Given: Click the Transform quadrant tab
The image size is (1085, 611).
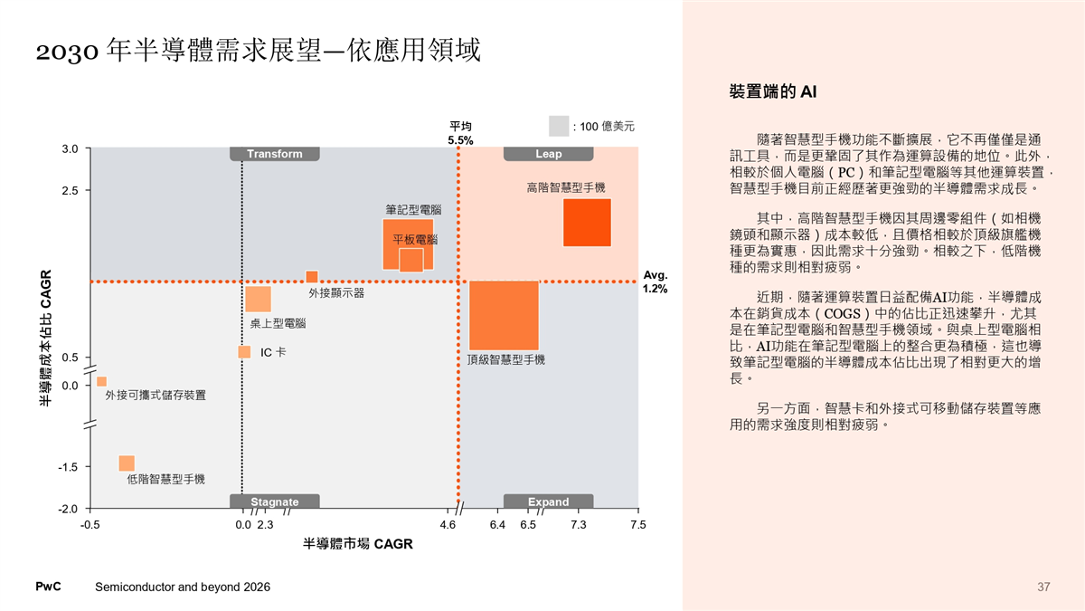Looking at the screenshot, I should pyautogui.click(x=275, y=154).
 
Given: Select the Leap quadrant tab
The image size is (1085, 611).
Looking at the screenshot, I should pyautogui.click(x=548, y=154).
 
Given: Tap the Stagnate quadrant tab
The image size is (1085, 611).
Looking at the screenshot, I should pyautogui.click(x=274, y=501).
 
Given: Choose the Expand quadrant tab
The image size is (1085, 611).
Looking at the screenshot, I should pyautogui.click(x=548, y=501).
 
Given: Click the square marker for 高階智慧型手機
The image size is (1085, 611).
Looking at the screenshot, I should pyautogui.click(x=587, y=222).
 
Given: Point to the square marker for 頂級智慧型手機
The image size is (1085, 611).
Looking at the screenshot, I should pyautogui.click(x=504, y=315).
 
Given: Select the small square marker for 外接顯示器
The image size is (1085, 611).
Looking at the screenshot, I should pyautogui.click(x=312, y=276).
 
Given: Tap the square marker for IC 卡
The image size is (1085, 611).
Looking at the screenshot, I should pyautogui.click(x=244, y=351).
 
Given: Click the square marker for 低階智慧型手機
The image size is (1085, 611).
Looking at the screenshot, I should pyautogui.click(x=127, y=463).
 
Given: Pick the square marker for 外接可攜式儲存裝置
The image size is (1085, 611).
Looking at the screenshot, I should pyautogui.click(x=102, y=381).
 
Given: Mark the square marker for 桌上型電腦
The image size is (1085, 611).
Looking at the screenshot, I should pyautogui.click(x=259, y=299).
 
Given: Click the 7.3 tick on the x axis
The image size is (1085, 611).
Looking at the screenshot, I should pyautogui.click(x=579, y=524).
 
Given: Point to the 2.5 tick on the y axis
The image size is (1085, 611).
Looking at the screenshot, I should pyautogui.click(x=69, y=190).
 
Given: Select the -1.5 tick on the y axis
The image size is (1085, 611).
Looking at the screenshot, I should pyautogui.click(x=67, y=467).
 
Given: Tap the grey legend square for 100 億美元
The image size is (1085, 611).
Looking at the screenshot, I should pyautogui.click(x=559, y=125).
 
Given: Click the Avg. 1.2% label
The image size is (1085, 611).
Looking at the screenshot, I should pyautogui.click(x=655, y=282).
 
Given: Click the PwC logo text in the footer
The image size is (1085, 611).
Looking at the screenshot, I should pyautogui.click(x=48, y=587).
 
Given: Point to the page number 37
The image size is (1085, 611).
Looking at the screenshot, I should pyautogui.click(x=1043, y=587).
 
